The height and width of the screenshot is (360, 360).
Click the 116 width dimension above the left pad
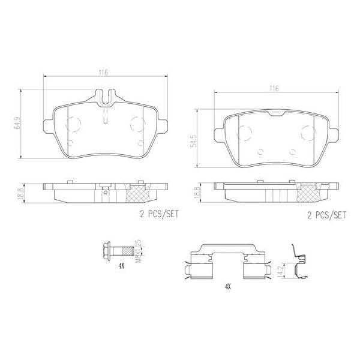tap(104, 72)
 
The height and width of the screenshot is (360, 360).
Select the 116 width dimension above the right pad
tap(274, 89)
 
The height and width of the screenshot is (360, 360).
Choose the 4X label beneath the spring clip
tap(226, 287)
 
